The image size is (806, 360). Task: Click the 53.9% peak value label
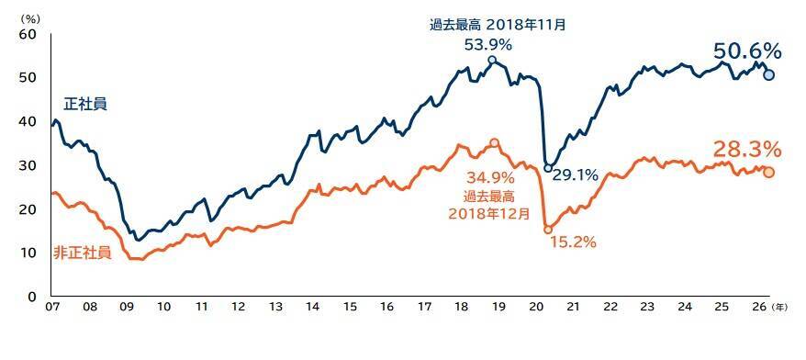point(487,45)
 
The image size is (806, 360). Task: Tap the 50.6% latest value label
point(747,51)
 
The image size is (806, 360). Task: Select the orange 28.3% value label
point(747,151)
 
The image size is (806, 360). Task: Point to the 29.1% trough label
point(576,176)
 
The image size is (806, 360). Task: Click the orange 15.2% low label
point(573,242)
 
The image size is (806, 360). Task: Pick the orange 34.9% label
point(490,178)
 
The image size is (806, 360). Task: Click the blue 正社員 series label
point(85,105)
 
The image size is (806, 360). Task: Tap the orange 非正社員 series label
point(83,253)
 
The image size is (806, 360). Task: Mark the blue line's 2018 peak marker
point(492,61)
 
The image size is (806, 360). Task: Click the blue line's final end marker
point(769,75)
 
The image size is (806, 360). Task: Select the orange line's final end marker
point(768,173)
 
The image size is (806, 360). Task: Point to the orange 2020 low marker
point(548,230)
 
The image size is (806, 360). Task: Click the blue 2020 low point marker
point(548,168)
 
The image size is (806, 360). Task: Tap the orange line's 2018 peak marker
point(495,143)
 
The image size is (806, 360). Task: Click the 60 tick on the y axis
point(28,35)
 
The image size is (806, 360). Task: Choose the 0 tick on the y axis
point(32,298)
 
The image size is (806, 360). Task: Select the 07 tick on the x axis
point(52,307)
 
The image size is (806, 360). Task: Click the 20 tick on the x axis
point(536,307)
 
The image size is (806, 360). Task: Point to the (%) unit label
point(28,18)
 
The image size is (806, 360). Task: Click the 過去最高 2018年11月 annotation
point(498,25)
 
